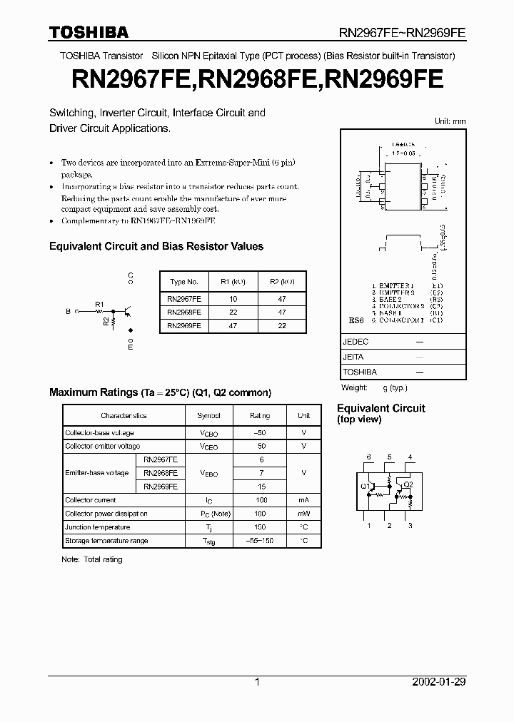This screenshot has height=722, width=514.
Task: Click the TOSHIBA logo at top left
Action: (x=89, y=32)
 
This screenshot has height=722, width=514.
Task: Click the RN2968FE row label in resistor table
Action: (x=183, y=312)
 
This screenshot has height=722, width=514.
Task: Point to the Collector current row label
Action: (x=91, y=500)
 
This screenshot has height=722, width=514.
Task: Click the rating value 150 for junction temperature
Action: (x=260, y=527)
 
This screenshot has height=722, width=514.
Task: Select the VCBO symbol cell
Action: (x=208, y=433)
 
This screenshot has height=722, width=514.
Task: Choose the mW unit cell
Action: (x=303, y=514)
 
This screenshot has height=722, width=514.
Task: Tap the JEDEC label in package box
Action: (x=356, y=342)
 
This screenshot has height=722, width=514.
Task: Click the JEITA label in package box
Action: (x=353, y=357)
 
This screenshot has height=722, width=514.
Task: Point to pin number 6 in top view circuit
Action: (x=369, y=457)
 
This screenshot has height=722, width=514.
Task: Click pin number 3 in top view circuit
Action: (x=410, y=526)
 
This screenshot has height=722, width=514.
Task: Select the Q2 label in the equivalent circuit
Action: (x=408, y=484)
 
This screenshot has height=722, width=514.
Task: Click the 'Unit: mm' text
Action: (x=450, y=121)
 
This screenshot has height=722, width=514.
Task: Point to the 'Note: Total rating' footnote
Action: (x=92, y=559)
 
